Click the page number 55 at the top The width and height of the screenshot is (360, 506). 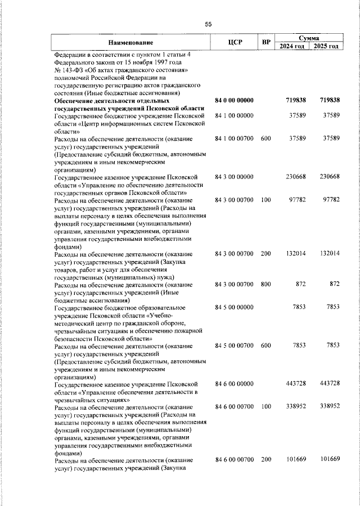pos(208,24)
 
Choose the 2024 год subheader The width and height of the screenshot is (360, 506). pos(292,46)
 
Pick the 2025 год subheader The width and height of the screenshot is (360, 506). pos(326,46)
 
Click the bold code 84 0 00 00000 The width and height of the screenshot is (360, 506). pos(235,100)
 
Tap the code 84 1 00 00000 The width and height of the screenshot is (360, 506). pos(235,115)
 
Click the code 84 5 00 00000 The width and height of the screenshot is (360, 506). pos(235,307)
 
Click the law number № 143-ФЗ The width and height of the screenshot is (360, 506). pos(72,70)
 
